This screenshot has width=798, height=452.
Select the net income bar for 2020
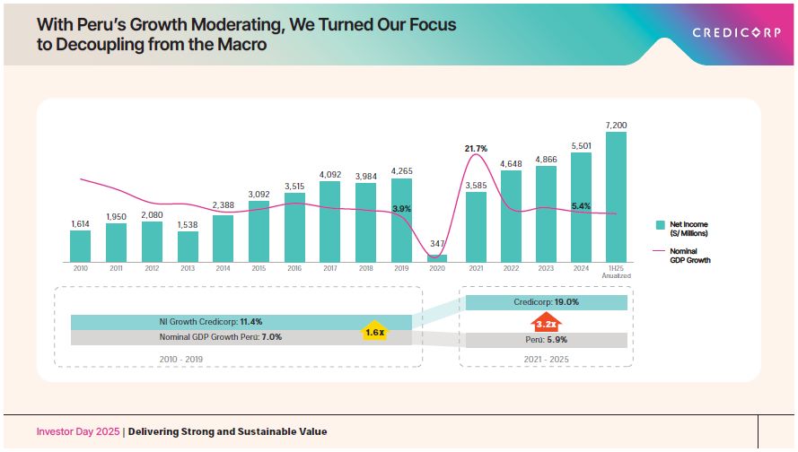click(437, 258)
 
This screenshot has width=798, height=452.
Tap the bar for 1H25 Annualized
click(616, 196)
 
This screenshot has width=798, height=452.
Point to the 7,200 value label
click(616, 125)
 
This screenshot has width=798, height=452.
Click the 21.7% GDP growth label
click(476, 148)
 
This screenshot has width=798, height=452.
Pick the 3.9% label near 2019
click(401, 209)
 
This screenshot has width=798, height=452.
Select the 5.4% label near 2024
click(581, 206)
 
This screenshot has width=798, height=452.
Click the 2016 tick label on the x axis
click(294, 268)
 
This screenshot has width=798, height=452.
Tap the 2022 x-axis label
click(511, 268)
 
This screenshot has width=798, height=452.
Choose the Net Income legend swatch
click(660, 224)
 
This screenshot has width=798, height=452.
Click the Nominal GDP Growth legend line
click(660, 250)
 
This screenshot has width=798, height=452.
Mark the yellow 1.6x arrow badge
click(374, 331)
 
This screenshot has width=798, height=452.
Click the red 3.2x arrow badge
click(544, 322)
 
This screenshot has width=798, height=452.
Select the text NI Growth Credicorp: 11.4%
click(213, 321)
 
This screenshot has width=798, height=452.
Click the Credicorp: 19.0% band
click(546, 302)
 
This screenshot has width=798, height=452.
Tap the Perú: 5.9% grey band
click(546, 340)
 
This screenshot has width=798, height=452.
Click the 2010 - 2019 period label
click(189, 359)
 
